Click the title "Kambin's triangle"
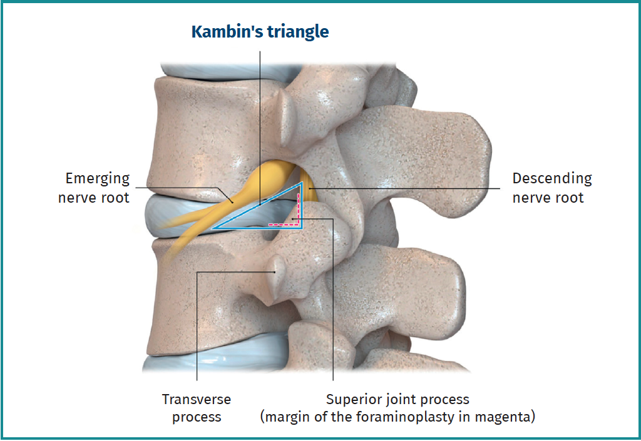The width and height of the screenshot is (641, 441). point(260,32)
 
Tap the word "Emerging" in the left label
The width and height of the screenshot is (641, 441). point(97,178)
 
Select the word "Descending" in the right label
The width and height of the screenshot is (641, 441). point(552,178)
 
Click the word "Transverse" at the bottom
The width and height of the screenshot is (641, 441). point(196,399)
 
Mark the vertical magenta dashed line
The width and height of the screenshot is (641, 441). point(298,209)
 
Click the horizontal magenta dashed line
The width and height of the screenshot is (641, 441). point(283,225)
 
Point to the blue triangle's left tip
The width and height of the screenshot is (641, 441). point(212,228)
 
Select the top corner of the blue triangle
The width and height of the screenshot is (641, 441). point(302,183)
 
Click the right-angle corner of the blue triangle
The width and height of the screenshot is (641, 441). point(302,228)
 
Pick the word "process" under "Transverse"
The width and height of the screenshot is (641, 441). point(196,417)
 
